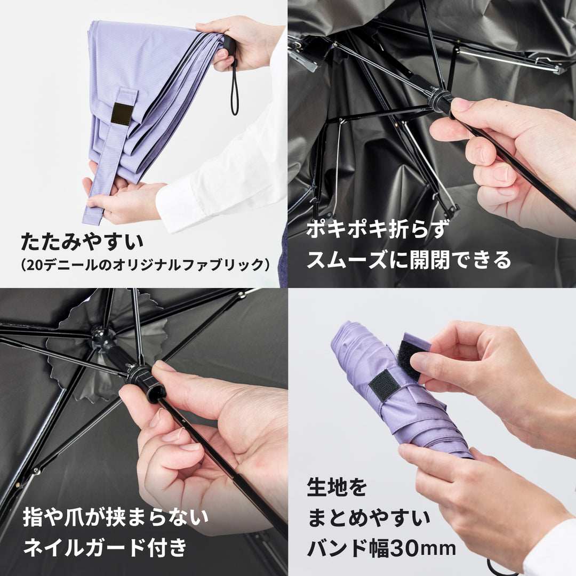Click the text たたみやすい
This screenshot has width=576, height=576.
pyautogui.click(x=83, y=242)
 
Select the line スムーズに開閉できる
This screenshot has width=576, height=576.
pyautogui.click(x=409, y=260)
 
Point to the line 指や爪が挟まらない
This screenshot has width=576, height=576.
pyautogui.click(x=115, y=517)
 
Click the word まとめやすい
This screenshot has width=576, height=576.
pyautogui.click(x=369, y=518)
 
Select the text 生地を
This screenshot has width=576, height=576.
pyautogui.click(x=337, y=487)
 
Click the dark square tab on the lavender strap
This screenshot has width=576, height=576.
pyautogui.click(x=122, y=114)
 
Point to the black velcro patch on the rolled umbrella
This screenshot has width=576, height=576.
pyautogui.click(x=384, y=385)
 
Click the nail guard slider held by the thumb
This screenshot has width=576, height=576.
pyautogui.click(x=146, y=381)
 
